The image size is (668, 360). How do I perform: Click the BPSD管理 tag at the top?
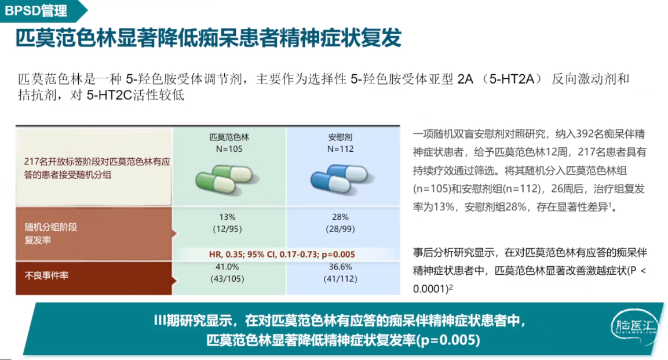tap(36, 10)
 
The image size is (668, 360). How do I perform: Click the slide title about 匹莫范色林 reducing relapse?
tap(209, 38)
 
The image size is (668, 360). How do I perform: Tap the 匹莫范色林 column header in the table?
tap(229, 137)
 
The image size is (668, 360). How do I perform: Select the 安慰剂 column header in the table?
tap(340, 137)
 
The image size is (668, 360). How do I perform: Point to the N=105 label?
tap(229, 149)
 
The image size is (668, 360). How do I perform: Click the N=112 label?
tap(341, 149)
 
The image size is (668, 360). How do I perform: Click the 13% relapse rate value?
tap(227, 217)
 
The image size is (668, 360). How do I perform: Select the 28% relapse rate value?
tap(340, 217)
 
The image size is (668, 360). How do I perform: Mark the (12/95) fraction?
tap(227, 229)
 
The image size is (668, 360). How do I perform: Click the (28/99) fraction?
tap(340, 229)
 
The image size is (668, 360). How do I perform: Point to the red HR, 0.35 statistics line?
tap(282, 254)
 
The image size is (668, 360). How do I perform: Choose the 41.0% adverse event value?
tap(227, 267)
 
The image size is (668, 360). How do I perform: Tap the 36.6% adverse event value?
tap(340, 267)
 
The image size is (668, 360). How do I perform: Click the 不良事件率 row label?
tap(46, 275)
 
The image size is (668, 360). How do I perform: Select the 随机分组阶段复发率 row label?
tap(51, 234)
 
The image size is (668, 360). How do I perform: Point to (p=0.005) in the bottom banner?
tap(448, 340)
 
